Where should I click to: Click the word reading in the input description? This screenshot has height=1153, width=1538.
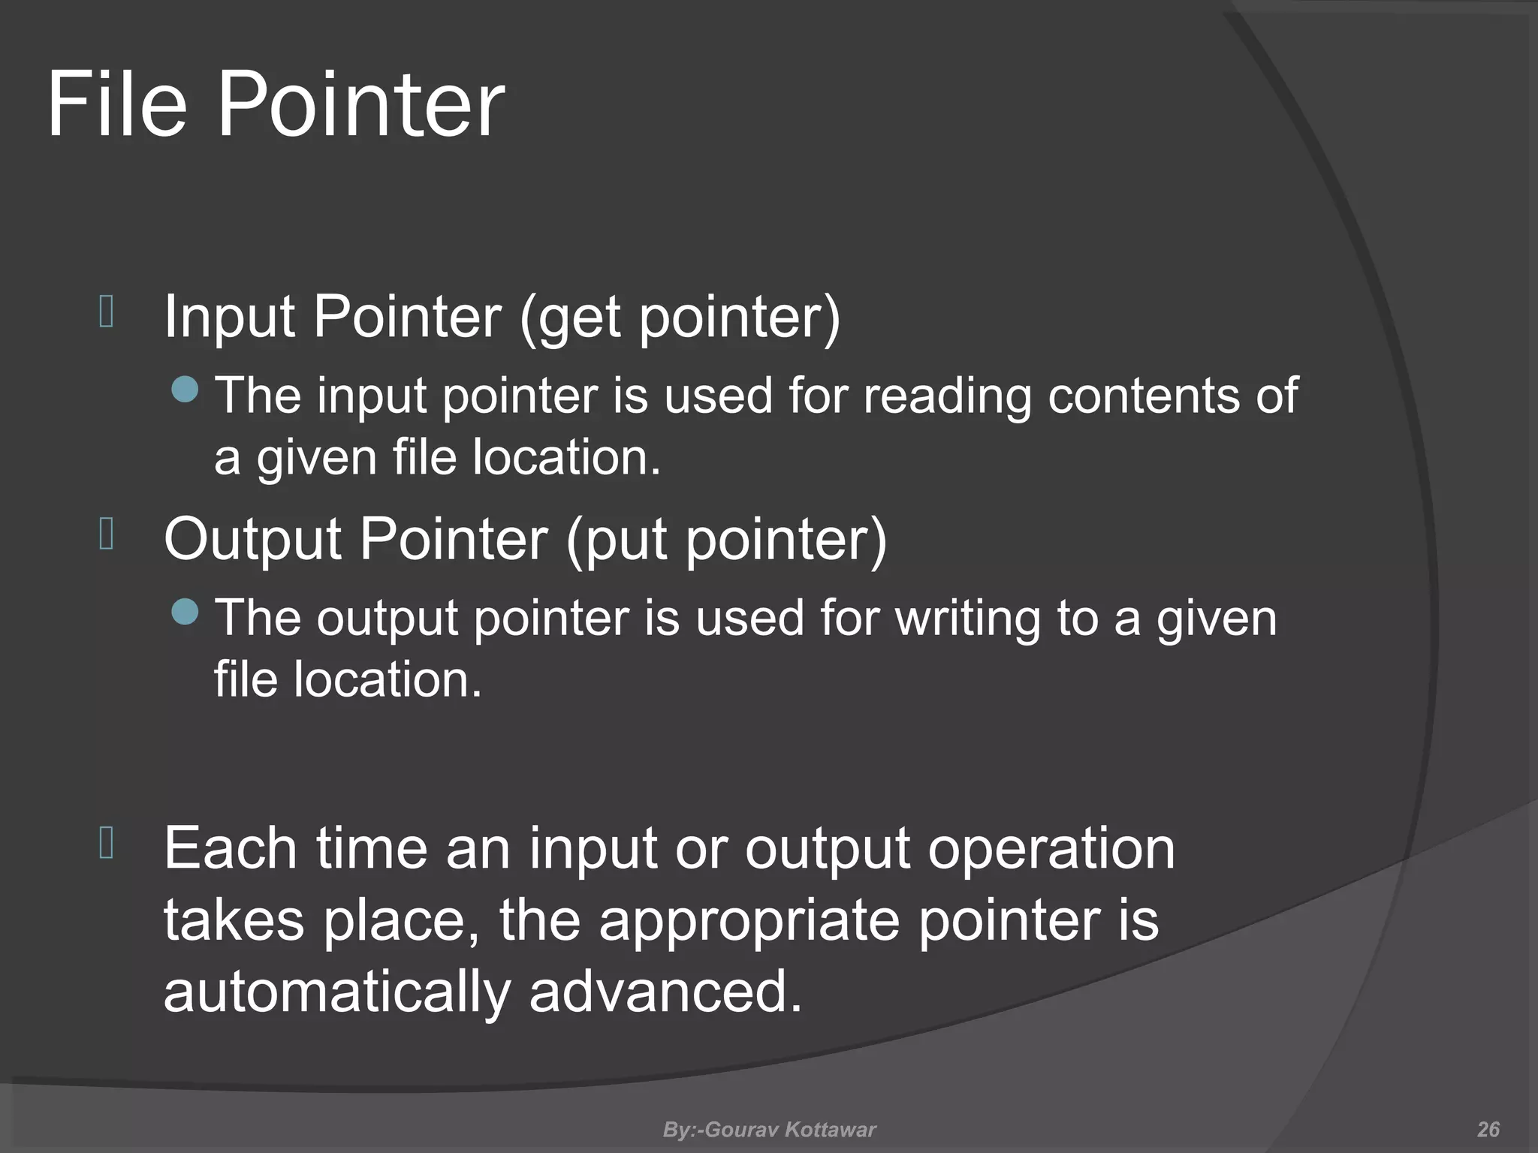click(946, 396)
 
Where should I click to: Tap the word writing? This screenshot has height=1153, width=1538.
click(969, 619)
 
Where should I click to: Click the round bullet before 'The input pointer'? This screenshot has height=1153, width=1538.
click(185, 389)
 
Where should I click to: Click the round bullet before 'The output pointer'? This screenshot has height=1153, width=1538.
click(185, 612)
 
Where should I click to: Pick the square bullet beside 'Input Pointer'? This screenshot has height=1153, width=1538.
click(106, 312)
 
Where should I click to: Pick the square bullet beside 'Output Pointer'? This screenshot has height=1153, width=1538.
click(106, 534)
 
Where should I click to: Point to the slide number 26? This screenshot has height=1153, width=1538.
click(1488, 1130)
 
